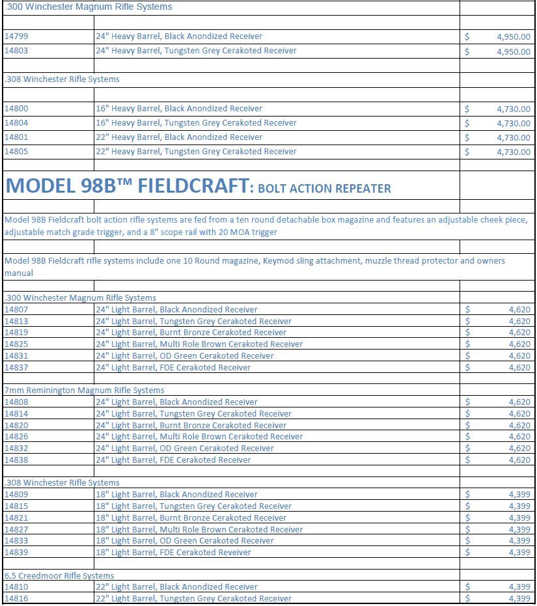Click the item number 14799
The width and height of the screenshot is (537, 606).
[x=16, y=36]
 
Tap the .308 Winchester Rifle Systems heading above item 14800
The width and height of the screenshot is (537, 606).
[x=62, y=79]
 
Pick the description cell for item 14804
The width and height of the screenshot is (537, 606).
[x=196, y=123]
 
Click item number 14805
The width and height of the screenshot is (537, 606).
[x=16, y=152]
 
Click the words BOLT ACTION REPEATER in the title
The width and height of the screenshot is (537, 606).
[x=324, y=189]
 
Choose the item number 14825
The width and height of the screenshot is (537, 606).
[x=16, y=344]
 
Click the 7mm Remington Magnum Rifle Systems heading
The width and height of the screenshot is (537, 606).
[x=84, y=391]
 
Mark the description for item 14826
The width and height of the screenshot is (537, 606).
[x=199, y=437]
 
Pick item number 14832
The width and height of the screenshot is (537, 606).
[x=16, y=448]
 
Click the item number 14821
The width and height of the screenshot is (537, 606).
[x=16, y=518]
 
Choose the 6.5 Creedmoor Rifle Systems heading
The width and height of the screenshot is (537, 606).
[x=59, y=576]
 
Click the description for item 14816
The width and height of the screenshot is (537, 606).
[x=193, y=599]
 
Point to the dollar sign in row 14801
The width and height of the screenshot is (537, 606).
[x=467, y=137]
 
